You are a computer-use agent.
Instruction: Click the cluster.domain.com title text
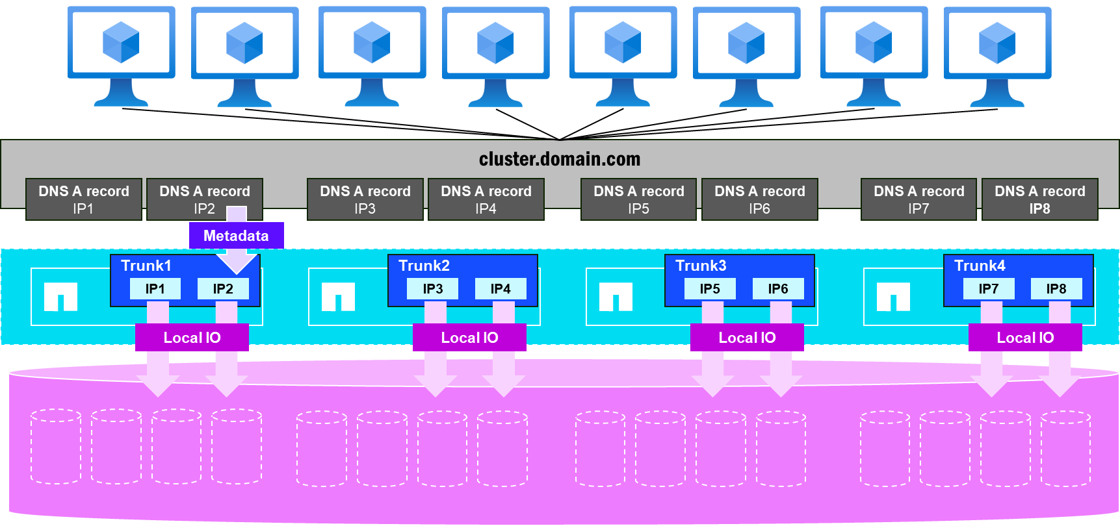click(x=559, y=159)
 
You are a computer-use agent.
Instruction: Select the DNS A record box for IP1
click(x=84, y=199)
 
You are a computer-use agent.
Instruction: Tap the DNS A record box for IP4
click(x=486, y=199)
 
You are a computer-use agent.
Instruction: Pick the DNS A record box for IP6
click(x=759, y=199)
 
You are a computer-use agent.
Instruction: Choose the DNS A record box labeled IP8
click(x=1039, y=199)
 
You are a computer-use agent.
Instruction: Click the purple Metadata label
click(x=236, y=236)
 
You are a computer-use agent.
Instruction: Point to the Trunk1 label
click(x=146, y=266)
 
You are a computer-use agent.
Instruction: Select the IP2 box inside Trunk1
click(x=223, y=289)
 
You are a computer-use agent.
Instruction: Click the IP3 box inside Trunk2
click(x=433, y=289)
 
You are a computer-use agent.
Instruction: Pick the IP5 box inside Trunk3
click(x=710, y=289)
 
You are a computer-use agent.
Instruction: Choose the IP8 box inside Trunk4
click(x=1056, y=289)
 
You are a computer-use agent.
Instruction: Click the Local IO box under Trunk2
click(x=469, y=338)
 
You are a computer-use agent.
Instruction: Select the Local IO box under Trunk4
click(x=1025, y=338)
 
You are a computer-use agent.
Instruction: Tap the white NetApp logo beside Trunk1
click(x=60, y=297)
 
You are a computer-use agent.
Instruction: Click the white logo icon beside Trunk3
click(x=616, y=297)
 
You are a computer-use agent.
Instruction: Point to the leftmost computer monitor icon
click(x=121, y=55)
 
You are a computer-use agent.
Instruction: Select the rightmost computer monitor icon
click(x=997, y=55)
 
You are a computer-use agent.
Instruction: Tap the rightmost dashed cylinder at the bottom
click(x=1065, y=448)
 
